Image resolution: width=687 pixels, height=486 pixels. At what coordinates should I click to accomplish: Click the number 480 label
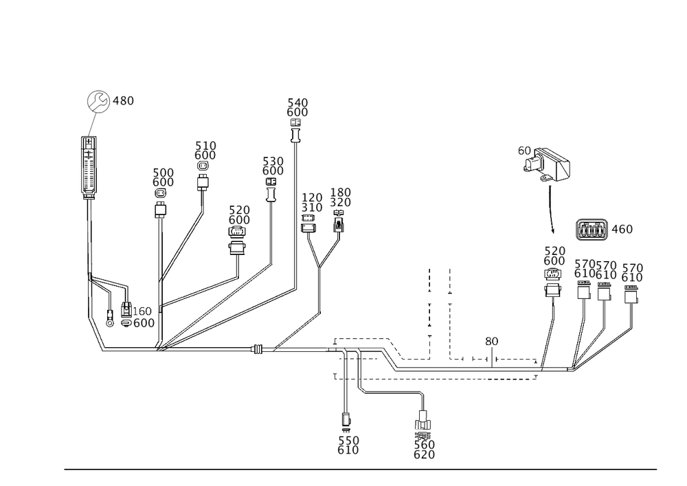coord(124,101)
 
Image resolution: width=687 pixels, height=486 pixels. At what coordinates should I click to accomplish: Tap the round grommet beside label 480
coord(97,102)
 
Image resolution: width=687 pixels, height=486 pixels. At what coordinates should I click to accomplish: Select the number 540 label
coord(297,102)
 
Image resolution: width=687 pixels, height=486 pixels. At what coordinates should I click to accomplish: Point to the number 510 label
coord(205,146)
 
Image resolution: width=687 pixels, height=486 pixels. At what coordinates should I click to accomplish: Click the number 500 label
coord(164,172)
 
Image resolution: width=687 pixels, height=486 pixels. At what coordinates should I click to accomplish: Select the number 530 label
coord(273,161)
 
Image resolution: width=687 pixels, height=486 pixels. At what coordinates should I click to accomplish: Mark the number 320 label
coord(341,203)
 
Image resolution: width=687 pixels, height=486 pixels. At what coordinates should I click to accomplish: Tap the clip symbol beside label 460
coord(592,228)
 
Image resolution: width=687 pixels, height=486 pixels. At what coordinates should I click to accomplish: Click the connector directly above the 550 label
coord(347,419)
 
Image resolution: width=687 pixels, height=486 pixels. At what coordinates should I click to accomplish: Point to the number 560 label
coord(424,445)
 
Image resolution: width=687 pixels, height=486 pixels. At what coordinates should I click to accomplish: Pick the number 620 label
coord(424,455)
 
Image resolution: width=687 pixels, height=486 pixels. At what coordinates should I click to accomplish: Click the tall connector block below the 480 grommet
coord(89,166)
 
